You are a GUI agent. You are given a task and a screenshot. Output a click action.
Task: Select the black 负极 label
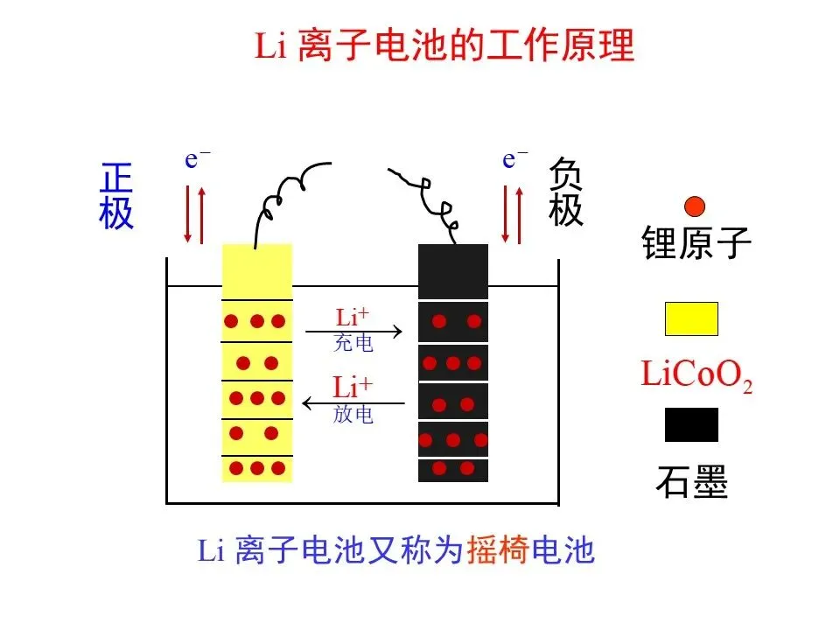click(x=565, y=193)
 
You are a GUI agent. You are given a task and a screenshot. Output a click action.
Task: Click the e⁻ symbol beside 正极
click(x=197, y=159)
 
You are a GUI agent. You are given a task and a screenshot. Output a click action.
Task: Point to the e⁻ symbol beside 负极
click(x=514, y=159)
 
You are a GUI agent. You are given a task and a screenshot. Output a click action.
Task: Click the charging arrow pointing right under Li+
click(x=353, y=332)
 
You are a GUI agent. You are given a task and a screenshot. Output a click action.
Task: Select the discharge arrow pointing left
click(x=353, y=403)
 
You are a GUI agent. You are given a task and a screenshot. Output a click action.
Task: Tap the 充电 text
click(x=353, y=344)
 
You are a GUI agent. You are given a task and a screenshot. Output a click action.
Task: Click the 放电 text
click(x=353, y=415)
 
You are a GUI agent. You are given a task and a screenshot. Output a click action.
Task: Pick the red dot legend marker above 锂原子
click(x=694, y=206)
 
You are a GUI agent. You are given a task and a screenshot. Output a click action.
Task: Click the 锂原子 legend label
click(x=696, y=242)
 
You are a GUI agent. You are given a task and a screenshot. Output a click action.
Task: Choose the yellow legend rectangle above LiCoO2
click(x=691, y=319)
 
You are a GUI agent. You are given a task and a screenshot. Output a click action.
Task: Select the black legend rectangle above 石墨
click(x=691, y=425)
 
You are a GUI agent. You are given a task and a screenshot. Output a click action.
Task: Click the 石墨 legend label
click(x=691, y=480)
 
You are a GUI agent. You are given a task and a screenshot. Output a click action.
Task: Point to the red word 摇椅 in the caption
click(x=497, y=550)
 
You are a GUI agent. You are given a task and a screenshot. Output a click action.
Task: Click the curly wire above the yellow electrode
click(x=289, y=197)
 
